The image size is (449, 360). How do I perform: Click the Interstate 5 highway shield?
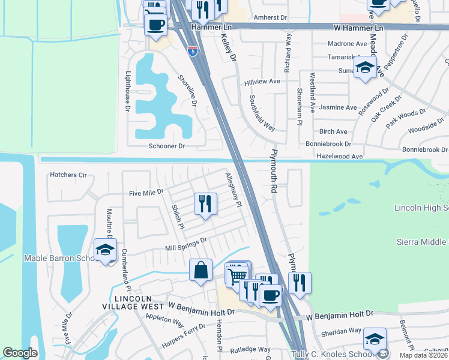[x=192, y=52]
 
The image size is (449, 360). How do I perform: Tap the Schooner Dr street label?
[x=167, y=146]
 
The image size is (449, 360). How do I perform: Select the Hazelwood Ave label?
[x=340, y=156]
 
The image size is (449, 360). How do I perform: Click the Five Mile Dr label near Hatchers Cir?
[x=146, y=193]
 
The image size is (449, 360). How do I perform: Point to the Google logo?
[x=20, y=353]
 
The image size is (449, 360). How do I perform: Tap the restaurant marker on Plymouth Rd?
[x=300, y=283]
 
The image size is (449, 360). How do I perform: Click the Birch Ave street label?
[x=333, y=131]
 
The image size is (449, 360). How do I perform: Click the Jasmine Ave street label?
[x=338, y=107]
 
